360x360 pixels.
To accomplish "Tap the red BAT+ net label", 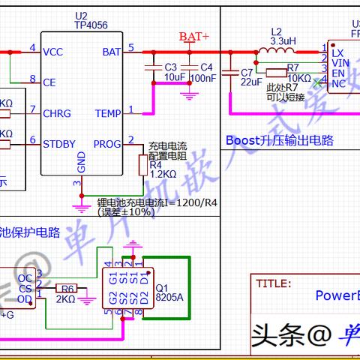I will (194, 36).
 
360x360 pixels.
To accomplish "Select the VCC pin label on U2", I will (53, 52).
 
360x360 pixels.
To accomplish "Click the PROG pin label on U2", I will (106, 143).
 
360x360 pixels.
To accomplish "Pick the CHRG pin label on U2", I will (56, 112).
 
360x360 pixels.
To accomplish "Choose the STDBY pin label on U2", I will (58, 143).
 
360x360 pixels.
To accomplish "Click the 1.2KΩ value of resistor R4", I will (162, 174).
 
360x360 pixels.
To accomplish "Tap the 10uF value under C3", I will (174, 77).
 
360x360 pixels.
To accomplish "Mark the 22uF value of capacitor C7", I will (251, 82).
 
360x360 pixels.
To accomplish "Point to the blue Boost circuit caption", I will (279, 140).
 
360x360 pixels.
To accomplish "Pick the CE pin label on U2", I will (49, 82).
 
